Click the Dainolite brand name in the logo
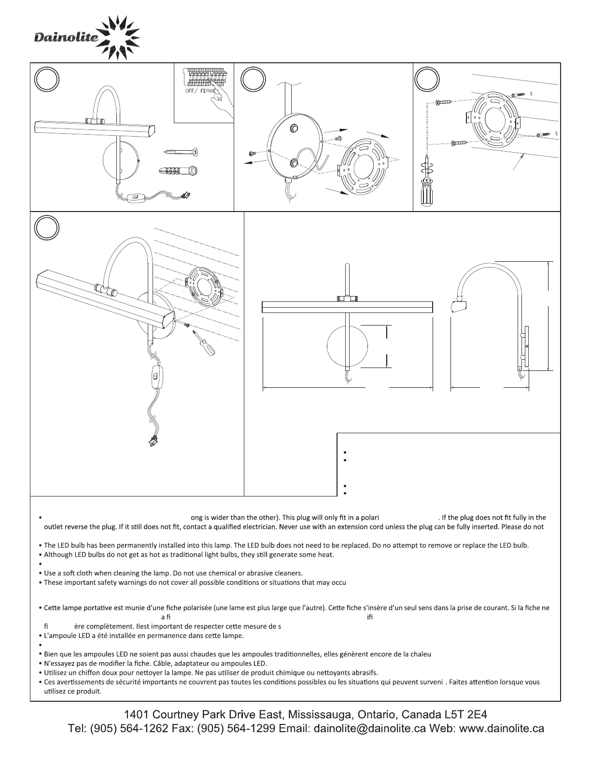(66, 37)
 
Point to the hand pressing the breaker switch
(220, 103)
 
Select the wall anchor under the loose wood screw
(178, 170)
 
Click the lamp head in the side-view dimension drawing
(459, 306)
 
